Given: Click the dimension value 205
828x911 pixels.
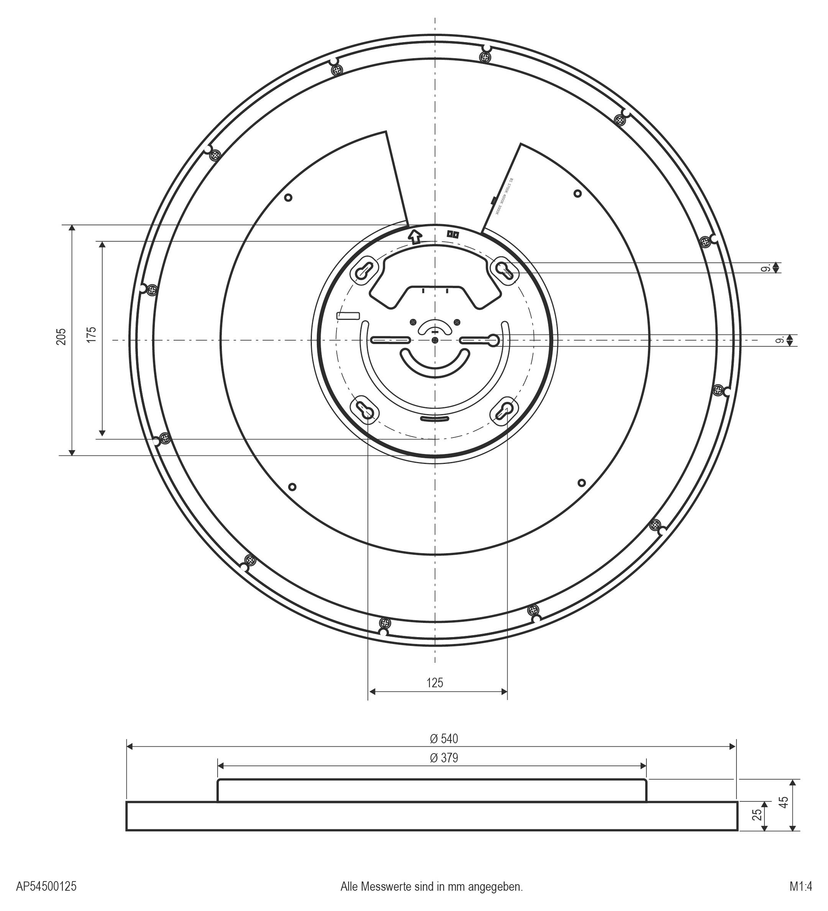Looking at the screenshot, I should click(x=61, y=337).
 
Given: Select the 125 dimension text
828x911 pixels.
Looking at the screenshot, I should click(x=435, y=683).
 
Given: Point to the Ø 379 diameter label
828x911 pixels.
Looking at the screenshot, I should click(x=443, y=758).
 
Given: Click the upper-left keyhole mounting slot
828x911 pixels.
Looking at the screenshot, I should click(x=364, y=271).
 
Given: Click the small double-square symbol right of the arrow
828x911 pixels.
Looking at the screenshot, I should click(x=453, y=234).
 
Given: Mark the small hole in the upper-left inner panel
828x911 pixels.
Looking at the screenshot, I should click(x=289, y=197).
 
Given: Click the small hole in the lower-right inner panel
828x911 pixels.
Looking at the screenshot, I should click(x=582, y=483).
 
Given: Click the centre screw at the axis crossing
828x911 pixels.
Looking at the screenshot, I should click(x=434, y=340).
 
